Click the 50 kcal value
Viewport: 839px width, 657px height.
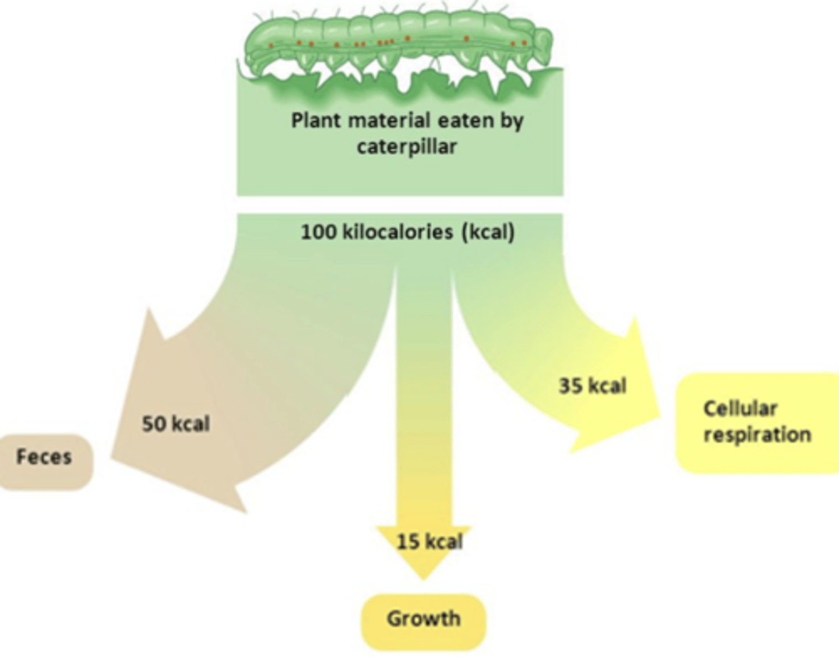176,424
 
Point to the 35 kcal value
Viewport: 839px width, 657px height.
592,386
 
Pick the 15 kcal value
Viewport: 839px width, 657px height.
429,542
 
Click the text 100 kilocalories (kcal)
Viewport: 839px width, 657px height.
407,232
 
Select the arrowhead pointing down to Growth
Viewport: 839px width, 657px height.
424,559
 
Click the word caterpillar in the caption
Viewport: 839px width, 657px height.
407,147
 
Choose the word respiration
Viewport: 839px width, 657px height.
757,435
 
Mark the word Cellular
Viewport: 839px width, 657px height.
740,408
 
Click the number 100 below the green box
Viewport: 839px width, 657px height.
318,232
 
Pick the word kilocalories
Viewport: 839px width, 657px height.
397,232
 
